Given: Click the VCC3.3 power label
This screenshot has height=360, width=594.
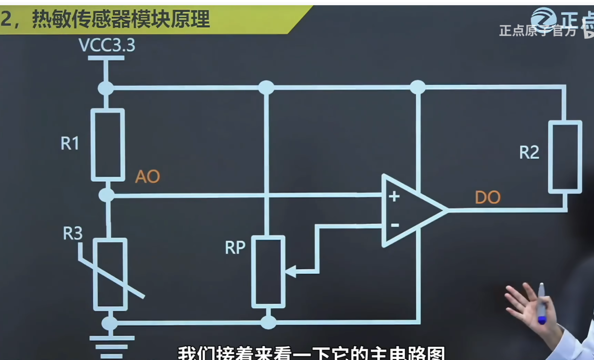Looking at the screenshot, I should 107,45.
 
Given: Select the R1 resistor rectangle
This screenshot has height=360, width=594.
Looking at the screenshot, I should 108,145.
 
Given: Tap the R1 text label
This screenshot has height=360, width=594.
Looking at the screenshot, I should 70,144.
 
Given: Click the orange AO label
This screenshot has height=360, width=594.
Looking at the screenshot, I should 147,176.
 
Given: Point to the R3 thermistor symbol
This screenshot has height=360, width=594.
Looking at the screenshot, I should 110,275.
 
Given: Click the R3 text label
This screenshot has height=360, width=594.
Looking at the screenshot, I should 72,234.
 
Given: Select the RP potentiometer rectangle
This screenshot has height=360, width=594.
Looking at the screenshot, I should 268,272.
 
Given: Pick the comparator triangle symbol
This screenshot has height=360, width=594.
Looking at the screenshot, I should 411,210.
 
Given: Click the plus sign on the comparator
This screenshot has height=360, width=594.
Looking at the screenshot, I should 394,196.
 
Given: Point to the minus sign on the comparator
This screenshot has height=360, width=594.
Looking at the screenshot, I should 395,225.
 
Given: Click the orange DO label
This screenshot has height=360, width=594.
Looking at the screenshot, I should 488,197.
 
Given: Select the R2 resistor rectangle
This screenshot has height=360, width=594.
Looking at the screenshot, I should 565,157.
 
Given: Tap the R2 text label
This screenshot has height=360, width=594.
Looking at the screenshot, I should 529,153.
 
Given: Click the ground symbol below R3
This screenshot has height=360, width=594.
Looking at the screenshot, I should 112,345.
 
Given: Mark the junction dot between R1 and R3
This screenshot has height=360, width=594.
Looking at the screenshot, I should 107,195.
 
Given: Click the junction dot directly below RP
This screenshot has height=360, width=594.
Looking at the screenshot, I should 268,322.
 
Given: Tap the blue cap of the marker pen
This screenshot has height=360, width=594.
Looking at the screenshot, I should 542,320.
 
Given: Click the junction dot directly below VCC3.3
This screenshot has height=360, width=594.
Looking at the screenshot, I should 106,88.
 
